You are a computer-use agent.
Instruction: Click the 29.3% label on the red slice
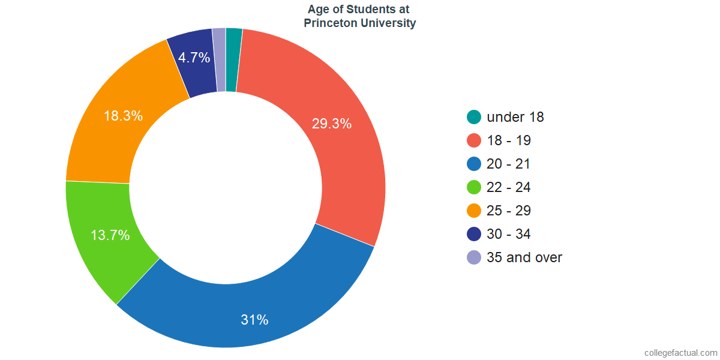click(x=331, y=124)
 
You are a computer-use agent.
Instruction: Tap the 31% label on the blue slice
click(x=254, y=320)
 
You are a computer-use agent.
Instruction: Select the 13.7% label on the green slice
click(x=110, y=235)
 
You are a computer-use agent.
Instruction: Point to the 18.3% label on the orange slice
click(x=123, y=116)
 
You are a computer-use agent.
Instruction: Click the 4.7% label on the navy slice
click(x=194, y=58)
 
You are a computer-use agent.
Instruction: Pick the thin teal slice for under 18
click(x=233, y=60)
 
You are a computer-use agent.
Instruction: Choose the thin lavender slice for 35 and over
click(x=220, y=60)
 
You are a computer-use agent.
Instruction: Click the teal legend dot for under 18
click(x=474, y=117)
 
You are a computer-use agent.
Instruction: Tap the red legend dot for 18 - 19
click(x=474, y=140)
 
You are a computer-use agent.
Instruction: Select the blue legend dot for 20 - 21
click(x=474, y=164)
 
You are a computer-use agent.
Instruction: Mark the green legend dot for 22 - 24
click(x=474, y=187)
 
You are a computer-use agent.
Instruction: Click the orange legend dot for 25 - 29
click(x=474, y=211)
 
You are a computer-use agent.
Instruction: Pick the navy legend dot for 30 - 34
click(x=474, y=234)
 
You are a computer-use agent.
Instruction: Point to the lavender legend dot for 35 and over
click(x=474, y=257)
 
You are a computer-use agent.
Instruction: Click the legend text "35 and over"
click(x=524, y=257)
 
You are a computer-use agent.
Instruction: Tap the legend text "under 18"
click(x=515, y=117)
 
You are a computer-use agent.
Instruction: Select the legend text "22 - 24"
click(x=509, y=187)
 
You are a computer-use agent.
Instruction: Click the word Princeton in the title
click(x=332, y=23)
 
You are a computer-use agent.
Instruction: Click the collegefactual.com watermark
click(x=680, y=353)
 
